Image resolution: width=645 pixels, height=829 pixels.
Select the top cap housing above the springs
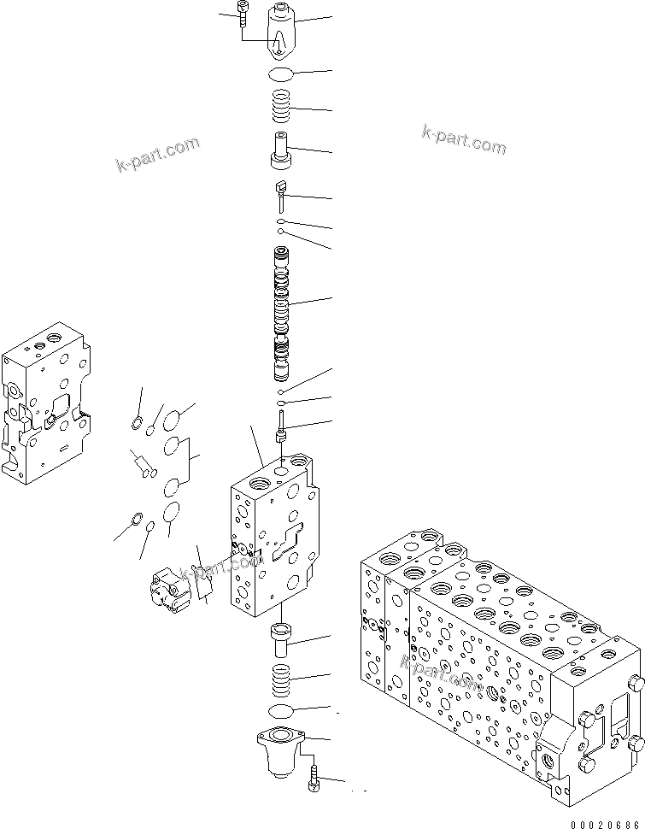[x=283, y=31]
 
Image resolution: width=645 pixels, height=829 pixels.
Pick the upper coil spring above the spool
[x=283, y=107]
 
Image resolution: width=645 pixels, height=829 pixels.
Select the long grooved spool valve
[x=282, y=312]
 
